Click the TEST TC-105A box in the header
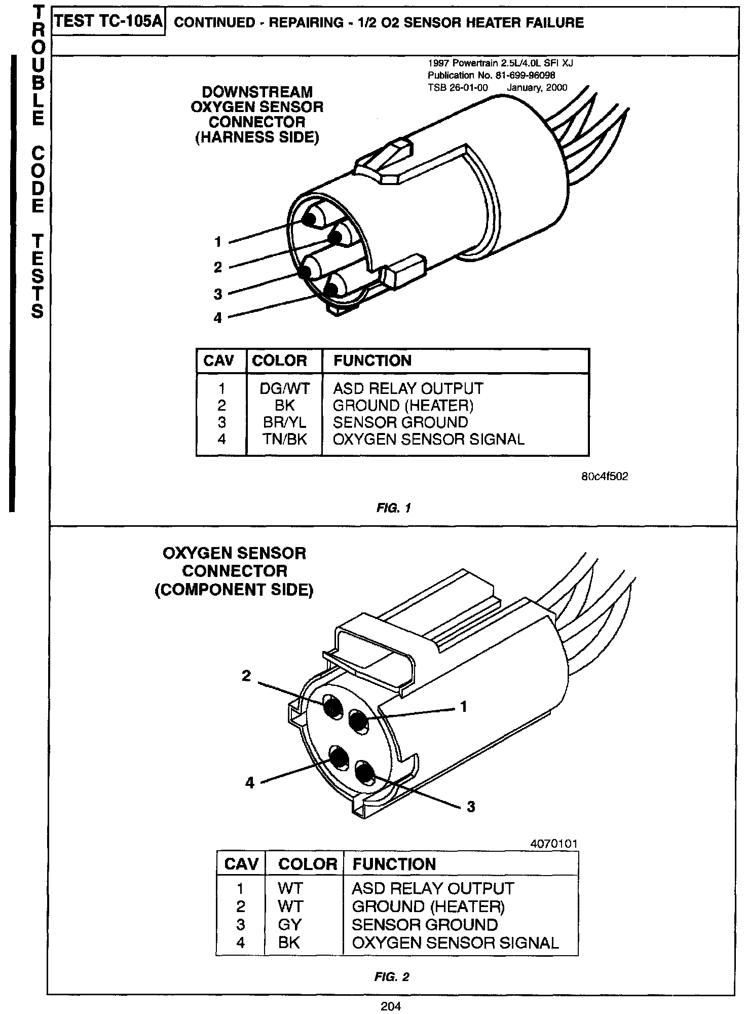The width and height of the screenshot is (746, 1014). coord(109,22)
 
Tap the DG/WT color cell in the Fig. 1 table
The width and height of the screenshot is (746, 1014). coord(284,388)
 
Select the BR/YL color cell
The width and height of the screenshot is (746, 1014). coord(284,422)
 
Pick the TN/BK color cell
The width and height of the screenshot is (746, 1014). coord(284,439)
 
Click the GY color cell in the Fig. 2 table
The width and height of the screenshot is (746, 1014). coord(290,924)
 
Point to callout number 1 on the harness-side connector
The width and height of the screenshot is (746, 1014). coord(218,242)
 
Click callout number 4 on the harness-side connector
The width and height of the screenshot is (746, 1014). coord(218,318)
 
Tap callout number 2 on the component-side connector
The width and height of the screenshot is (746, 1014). coord(246,676)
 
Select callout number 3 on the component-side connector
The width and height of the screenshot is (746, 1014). coord(471,806)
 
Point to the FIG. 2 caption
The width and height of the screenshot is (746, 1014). coord(392,977)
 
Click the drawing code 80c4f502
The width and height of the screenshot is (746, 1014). coord(605,477)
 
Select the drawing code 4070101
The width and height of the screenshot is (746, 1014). coord(554,844)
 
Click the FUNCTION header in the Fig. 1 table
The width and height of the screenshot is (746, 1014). coord(372,361)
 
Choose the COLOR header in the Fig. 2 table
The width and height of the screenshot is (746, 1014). coord(308,864)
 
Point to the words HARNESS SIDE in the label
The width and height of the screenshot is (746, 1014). coord(257,138)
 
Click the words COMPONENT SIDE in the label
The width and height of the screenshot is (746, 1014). coord(234,590)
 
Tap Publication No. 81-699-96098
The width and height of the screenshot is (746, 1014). coord(492,76)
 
